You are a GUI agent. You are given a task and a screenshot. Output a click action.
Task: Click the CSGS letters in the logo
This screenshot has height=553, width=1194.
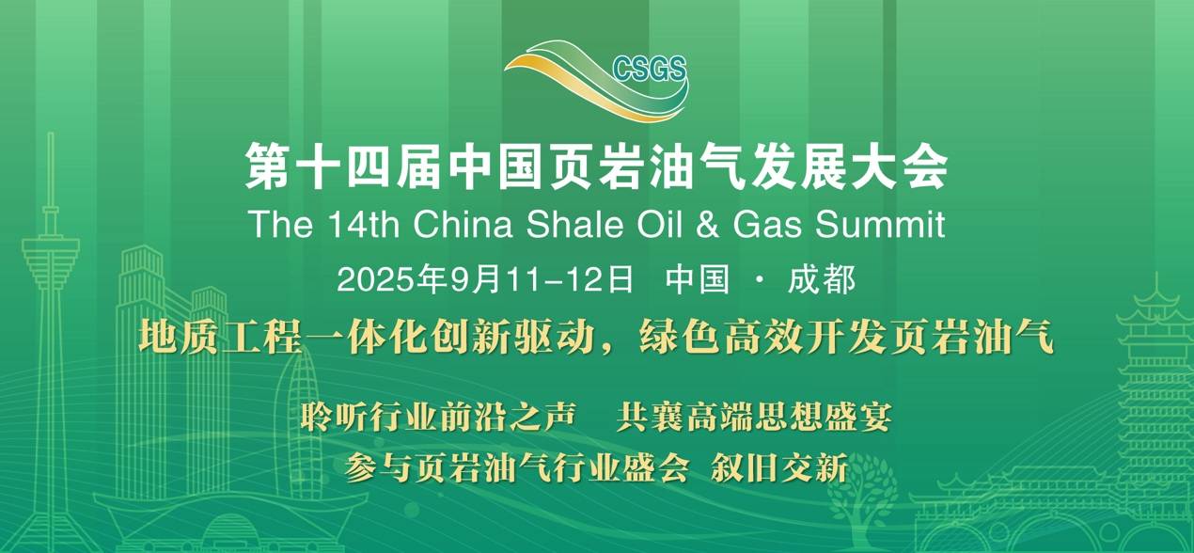tap(650, 69)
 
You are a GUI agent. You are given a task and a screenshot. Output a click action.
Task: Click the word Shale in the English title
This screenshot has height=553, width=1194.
tap(574, 224)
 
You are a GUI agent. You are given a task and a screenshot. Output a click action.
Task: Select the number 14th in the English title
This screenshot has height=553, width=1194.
tap(363, 224)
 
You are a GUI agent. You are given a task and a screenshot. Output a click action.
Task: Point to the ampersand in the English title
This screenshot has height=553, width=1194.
tap(707, 225)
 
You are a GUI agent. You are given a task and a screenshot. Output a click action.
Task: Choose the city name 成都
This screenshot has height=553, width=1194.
tap(822, 279)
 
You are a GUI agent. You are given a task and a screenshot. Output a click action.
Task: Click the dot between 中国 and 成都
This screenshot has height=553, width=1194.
tap(759, 279)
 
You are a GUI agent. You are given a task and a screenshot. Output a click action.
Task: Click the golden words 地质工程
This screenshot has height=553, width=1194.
tap(221, 337)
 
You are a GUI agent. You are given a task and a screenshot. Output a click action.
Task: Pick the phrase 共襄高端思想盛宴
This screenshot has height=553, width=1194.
tap(754, 417)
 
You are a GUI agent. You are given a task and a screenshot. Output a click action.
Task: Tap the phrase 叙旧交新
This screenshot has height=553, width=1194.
tap(779, 467)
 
